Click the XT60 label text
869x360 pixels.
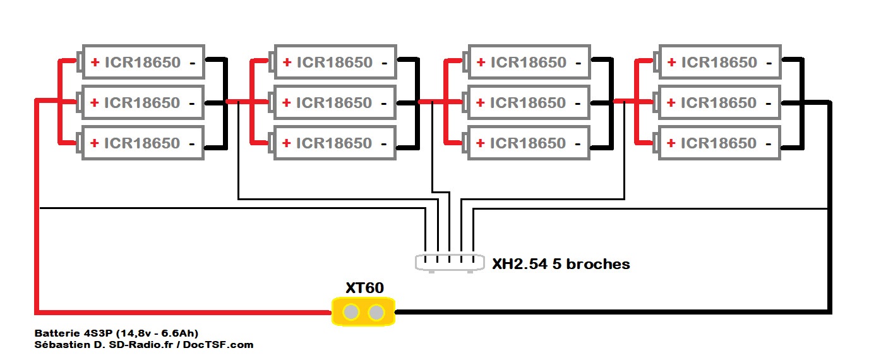[364, 288]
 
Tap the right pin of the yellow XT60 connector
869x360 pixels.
[376, 312]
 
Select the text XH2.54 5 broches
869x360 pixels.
[561, 264]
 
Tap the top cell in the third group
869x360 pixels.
[528, 62]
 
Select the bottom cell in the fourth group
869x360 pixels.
[719, 143]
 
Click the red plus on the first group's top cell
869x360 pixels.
[95, 62]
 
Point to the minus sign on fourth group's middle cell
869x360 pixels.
[770, 103]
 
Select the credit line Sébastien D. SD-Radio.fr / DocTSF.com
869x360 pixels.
[144, 344]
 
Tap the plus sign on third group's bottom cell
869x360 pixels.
[481, 143]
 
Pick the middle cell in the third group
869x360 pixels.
[528, 102]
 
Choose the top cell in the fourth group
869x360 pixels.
[719, 62]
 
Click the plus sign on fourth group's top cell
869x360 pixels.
[671, 62]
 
